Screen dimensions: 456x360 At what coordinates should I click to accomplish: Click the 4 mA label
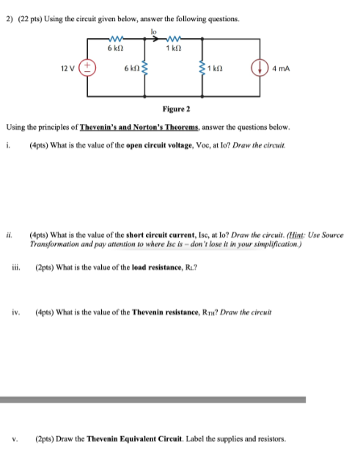pyautogui.click(x=279, y=69)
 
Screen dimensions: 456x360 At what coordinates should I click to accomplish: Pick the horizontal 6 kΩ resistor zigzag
pyautogui.click(x=120, y=40)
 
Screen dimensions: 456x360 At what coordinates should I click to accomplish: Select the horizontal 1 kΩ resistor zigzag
pyautogui.click(x=174, y=40)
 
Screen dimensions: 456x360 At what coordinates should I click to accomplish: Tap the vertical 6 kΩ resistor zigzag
pyautogui.click(x=145, y=69)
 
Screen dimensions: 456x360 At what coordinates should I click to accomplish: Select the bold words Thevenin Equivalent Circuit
pyautogui.click(x=120, y=440)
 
